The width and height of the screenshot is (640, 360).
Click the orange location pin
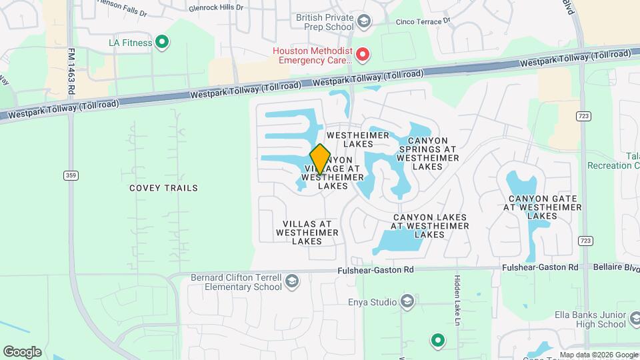[x=320, y=159]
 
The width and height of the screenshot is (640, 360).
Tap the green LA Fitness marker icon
[x=161, y=43]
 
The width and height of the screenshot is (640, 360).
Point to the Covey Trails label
[x=163, y=188]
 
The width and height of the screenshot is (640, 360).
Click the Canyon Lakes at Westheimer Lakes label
[x=430, y=227]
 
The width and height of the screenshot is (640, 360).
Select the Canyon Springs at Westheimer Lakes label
[x=427, y=153]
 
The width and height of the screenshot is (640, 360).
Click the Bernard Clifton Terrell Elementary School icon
[x=291, y=283]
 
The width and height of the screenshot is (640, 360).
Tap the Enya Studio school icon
[x=407, y=303]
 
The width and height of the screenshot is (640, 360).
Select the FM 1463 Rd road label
[x=71, y=69]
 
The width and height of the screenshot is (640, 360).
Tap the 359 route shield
[x=71, y=175]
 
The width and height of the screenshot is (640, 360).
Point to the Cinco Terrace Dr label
[x=423, y=21]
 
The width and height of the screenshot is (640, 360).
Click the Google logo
[x=22, y=352]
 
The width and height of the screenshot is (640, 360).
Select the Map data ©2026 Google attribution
[x=599, y=355]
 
